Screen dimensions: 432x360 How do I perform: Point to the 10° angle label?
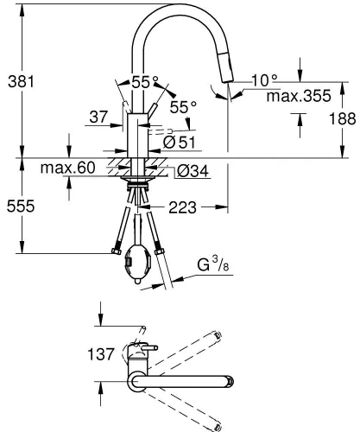(x=263, y=79)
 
